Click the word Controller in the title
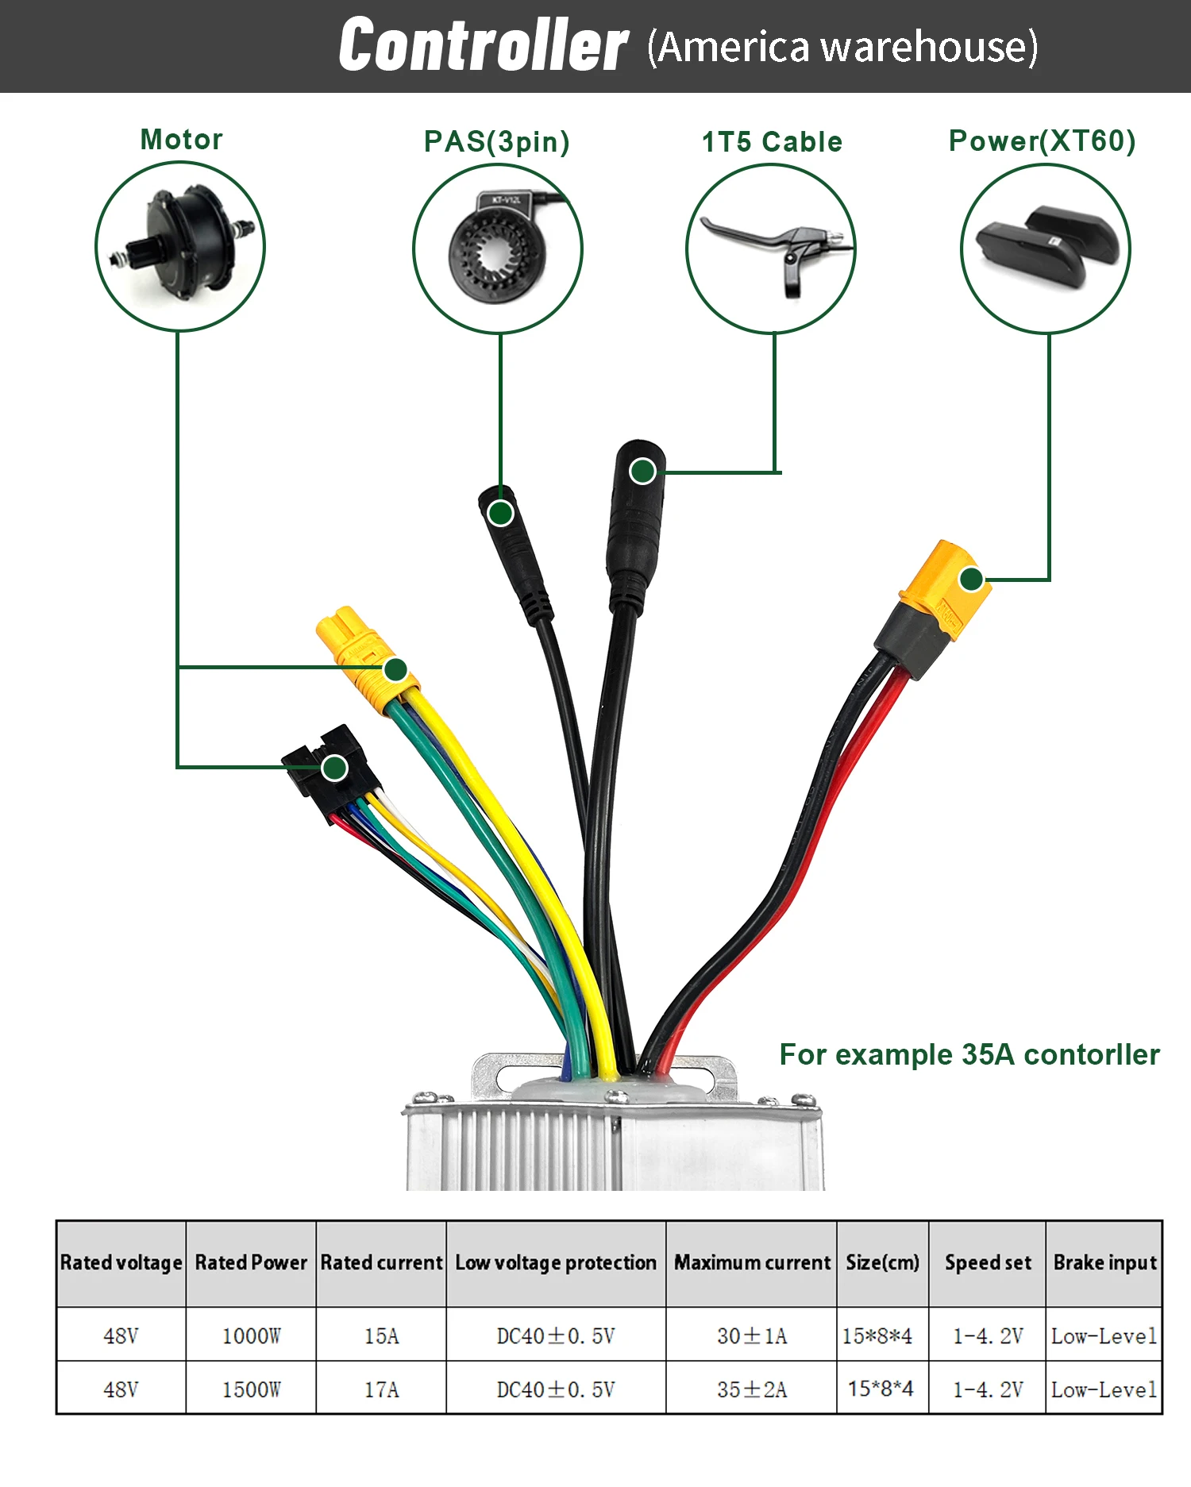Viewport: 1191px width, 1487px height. pyautogui.click(x=483, y=45)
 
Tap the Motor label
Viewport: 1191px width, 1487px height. pyautogui.click(x=181, y=140)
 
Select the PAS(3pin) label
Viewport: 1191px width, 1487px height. pyautogui.click(x=496, y=142)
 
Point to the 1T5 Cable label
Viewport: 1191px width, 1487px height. pyautogui.click(x=772, y=142)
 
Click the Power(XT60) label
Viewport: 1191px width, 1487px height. pyautogui.click(x=1042, y=141)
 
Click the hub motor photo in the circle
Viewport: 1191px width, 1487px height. pyautogui.click(x=180, y=246)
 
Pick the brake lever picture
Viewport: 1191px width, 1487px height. pyautogui.click(x=771, y=248)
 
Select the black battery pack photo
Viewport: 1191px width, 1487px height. pyautogui.click(x=1045, y=248)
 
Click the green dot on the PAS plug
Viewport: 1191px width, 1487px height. pyautogui.click(x=500, y=514)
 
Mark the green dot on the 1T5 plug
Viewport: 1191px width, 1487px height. pyautogui.click(x=642, y=472)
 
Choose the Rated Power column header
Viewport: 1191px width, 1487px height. pyautogui.click(x=251, y=1262)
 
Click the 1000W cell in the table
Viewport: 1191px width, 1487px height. pyautogui.click(x=251, y=1336)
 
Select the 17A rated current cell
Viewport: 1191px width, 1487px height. pyautogui.click(x=381, y=1389)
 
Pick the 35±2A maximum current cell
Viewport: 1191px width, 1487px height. pyautogui.click(x=751, y=1389)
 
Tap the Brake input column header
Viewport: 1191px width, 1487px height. pyautogui.click(x=1104, y=1262)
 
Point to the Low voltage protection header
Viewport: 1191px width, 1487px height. pyautogui.click(x=556, y=1262)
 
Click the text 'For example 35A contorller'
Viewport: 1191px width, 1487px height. pyautogui.click(x=969, y=1054)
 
